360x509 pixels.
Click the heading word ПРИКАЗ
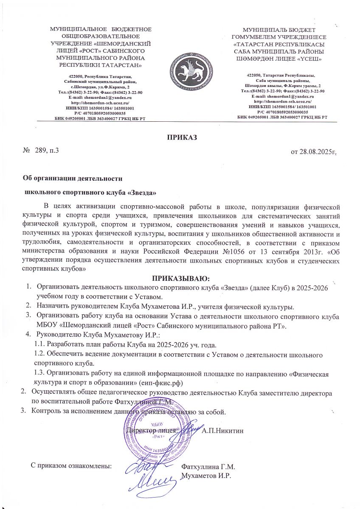click(x=180, y=137)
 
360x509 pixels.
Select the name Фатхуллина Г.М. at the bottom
click(x=208, y=466)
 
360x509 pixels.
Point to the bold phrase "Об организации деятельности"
click(x=72, y=179)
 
